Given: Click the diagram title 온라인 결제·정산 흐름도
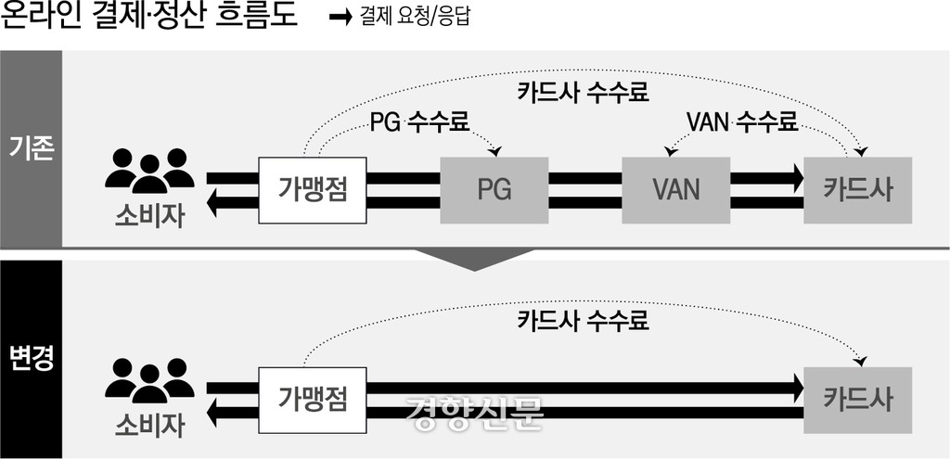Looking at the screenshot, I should pyautogui.click(x=150, y=19).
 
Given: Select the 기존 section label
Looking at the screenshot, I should pyautogui.click(x=31, y=148).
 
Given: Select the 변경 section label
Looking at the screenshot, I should pyautogui.click(x=31, y=358).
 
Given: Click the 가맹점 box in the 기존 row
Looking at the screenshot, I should pyautogui.click(x=313, y=189).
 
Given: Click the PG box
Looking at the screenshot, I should pyautogui.click(x=494, y=190).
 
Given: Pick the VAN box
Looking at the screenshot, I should pyautogui.click(x=675, y=190).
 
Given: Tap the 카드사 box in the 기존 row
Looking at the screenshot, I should pyautogui.click(x=858, y=190).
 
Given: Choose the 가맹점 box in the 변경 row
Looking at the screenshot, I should pyautogui.click(x=313, y=399).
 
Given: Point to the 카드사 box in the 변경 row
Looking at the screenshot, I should pyautogui.click(x=858, y=399).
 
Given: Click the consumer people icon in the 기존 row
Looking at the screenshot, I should pyautogui.click(x=149, y=171).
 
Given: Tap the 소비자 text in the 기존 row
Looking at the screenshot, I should pyautogui.click(x=149, y=216).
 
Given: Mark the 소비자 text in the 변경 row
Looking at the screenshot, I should pyautogui.click(x=149, y=426).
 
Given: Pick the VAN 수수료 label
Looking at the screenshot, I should pyautogui.click(x=741, y=121).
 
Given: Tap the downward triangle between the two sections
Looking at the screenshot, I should pyautogui.click(x=474, y=260).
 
